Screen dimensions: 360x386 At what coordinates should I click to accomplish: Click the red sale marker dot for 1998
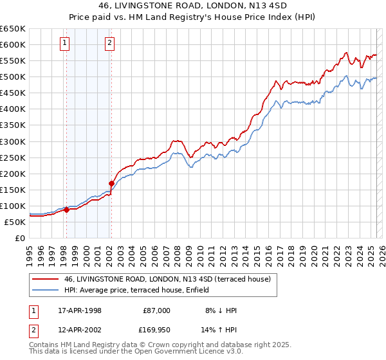click(66, 210)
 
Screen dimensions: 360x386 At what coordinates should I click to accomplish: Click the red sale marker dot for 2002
click(111, 183)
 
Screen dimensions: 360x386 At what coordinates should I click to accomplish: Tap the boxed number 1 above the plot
click(66, 43)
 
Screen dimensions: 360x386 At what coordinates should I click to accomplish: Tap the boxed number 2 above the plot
click(110, 43)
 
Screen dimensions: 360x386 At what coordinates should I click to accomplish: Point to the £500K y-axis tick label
click(13, 76)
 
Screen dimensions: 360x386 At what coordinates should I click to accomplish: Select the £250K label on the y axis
click(13, 157)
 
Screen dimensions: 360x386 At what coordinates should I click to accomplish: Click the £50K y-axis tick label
click(15, 222)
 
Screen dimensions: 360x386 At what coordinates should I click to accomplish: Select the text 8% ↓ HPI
click(219, 310)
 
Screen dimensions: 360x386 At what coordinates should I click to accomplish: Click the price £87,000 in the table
click(156, 310)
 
